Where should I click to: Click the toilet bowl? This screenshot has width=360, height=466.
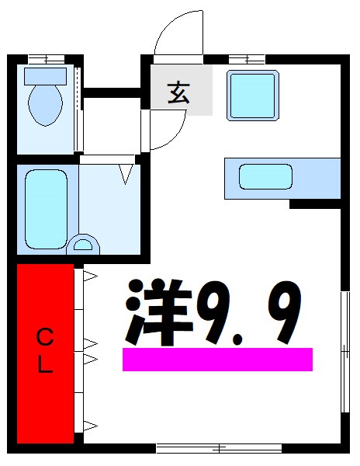pos(45,105)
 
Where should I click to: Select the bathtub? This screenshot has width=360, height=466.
pos(47,207)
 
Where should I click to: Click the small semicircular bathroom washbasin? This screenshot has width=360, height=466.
pos(83,246)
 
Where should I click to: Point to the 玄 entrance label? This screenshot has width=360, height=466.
pos(178,92)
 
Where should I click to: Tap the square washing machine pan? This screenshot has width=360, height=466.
pos(252,95)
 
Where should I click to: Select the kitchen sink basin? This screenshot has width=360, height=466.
pos(265,177)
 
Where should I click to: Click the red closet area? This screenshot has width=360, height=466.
pos(45,353)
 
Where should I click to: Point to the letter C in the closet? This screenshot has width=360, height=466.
pos(46,337)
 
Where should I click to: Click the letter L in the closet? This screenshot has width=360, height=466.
pos(46,366)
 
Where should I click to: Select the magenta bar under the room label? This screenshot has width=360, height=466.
pos(217,359)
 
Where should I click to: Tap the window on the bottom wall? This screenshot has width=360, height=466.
pos(219,448)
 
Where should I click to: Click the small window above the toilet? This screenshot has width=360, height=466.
pos(45,58)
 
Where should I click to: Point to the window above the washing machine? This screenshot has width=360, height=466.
pos(247,58)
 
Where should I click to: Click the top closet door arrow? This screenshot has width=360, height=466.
pos(89,275)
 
